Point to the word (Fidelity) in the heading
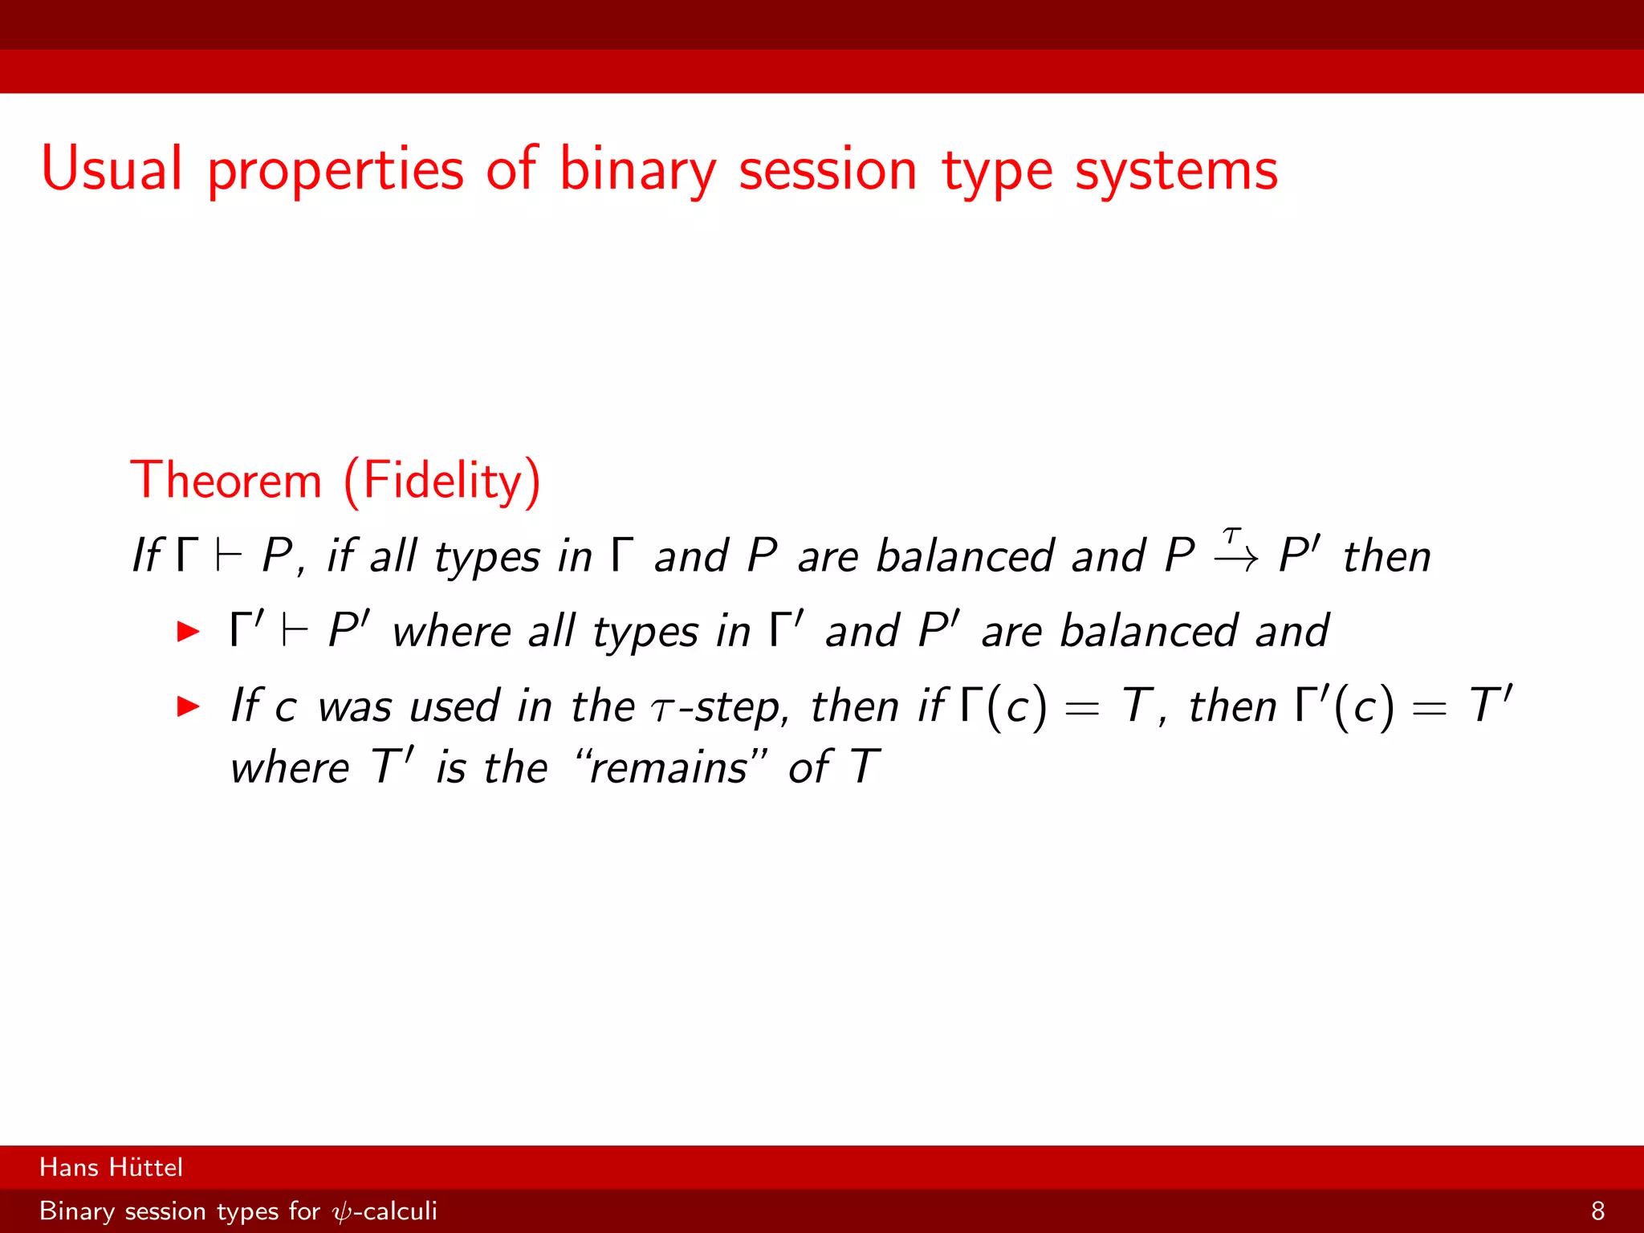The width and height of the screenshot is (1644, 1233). pyautogui.click(x=442, y=482)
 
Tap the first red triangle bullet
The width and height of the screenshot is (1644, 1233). pyautogui.click(x=188, y=631)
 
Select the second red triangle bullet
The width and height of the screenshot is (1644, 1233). pyautogui.click(x=188, y=706)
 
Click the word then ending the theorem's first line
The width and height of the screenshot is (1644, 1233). pyautogui.click(x=1386, y=555)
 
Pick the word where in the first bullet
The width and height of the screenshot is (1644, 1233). pyautogui.click(x=450, y=631)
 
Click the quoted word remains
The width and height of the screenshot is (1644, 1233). pyautogui.click(x=669, y=767)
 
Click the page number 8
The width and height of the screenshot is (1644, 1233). pyautogui.click(x=1597, y=1211)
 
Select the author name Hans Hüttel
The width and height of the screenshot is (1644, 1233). pyautogui.click(x=111, y=1167)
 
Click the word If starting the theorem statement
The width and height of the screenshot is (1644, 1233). pyautogui.click(x=146, y=555)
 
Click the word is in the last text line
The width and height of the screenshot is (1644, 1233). pyautogui.click(x=450, y=767)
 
